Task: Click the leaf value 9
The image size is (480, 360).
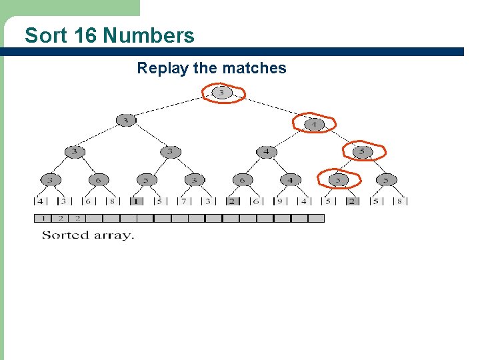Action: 281,201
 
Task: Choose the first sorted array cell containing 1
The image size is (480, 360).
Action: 43,218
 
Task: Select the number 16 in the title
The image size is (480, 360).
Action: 86,35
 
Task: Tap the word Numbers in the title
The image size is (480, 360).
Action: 149,35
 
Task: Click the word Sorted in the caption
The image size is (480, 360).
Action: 64,235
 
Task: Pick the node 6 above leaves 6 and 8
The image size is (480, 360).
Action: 98,179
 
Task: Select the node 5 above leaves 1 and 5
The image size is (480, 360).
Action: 146,179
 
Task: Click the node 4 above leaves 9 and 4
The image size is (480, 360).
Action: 289,179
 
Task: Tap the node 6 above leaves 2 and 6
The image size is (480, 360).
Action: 242,179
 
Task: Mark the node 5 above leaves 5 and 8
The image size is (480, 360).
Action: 385,179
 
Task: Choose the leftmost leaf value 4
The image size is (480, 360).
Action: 40,201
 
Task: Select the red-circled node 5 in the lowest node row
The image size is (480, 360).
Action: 338,179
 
